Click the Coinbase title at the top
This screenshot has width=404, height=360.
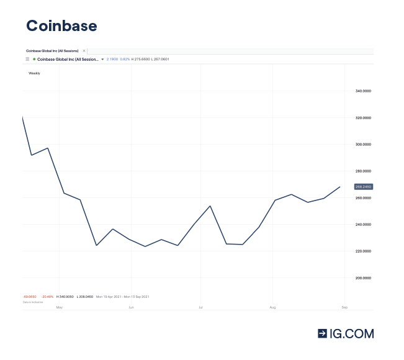click(61, 25)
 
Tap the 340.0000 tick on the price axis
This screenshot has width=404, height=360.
click(363, 91)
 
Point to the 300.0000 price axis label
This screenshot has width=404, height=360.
click(363, 145)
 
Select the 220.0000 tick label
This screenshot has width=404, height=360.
click(363, 251)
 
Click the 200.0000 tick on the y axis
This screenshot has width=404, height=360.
click(363, 278)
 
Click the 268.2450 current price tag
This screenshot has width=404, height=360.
click(363, 186)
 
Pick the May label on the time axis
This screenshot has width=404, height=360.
click(60, 307)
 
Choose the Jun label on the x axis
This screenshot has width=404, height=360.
click(131, 307)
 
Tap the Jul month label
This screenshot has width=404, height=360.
click(201, 307)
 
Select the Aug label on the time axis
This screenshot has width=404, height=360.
click(272, 307)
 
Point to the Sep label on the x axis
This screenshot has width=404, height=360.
click(344, 307)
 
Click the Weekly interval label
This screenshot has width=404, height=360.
click(35, 73)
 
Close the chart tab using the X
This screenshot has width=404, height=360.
click(84, 50)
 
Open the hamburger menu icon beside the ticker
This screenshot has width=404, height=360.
click(27, 59)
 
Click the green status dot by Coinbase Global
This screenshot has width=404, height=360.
click(34, 59)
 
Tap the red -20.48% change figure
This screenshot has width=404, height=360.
click(47, 297)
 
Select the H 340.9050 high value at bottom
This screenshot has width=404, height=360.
click(65, 297)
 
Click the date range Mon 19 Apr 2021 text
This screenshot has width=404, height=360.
click(110, 297)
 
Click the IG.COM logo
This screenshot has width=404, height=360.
click(346, 333)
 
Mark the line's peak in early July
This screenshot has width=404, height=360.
click(210, 205)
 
